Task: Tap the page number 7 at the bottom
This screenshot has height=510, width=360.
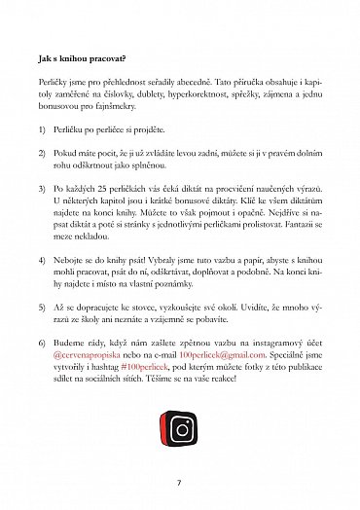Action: [179, 481]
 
